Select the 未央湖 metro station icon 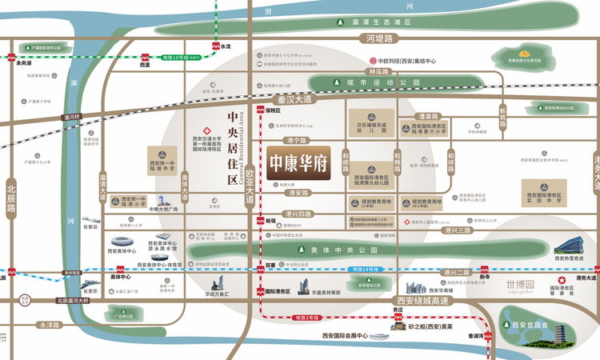[x=12, y=57]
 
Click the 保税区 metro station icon [x=260, y=111]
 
